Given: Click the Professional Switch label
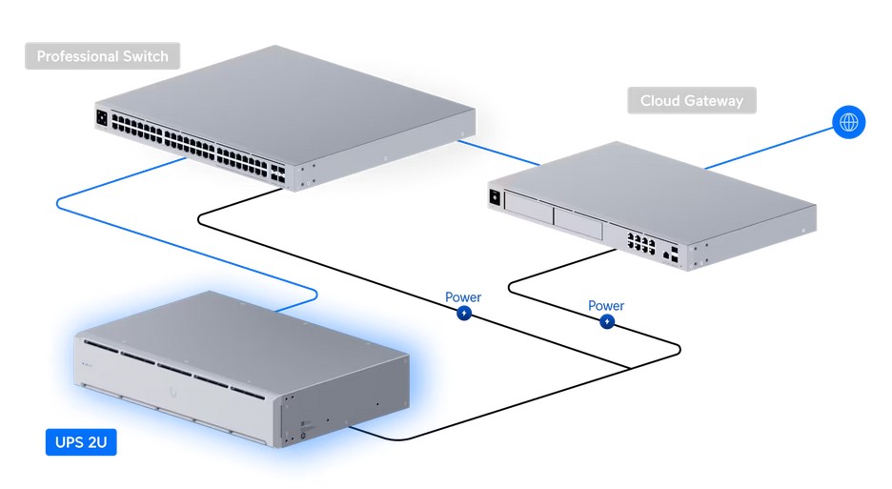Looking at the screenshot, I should (102, 56).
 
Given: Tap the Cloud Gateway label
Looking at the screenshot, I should (691, 100).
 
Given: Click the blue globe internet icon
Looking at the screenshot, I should (848, 123).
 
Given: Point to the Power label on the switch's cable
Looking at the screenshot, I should (463, 297).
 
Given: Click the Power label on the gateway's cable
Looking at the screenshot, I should (606, 306).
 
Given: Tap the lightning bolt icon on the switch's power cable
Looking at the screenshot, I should (464, 313).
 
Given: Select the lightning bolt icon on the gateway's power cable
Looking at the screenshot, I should (607, 322).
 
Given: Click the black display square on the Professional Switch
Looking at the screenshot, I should (101, 119).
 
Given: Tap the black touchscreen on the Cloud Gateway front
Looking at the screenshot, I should (496, 197).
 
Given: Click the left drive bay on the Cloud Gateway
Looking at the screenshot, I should (529, 213).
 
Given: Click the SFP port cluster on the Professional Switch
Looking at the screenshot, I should (275, 171).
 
